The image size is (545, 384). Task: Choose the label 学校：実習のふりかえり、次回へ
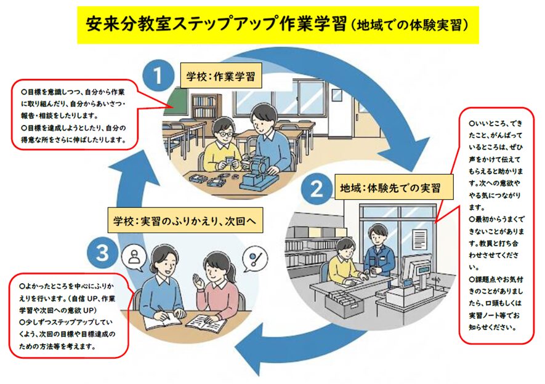click(185, 220)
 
